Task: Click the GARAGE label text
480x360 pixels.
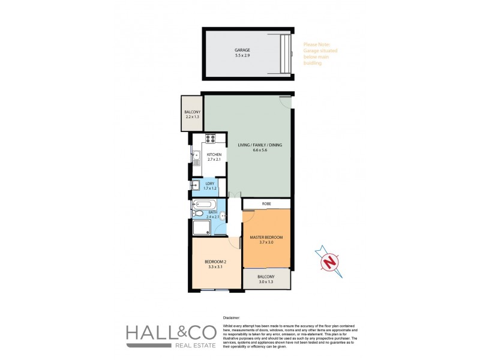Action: tap(242, 50)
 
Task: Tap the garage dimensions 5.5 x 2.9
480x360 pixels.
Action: tap(242, 56)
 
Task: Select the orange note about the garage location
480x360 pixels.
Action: tap(320, 53)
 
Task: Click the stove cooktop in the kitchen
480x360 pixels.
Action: tap(211, 139)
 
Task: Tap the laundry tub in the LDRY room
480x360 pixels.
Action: tap(196, 186)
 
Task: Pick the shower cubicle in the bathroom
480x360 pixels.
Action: tap(202, 227)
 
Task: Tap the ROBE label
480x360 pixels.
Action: tap(266, 204)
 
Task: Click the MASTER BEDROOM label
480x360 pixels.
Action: tap(266, 238)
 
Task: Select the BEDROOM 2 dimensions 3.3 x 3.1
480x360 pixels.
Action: tap(216, 268)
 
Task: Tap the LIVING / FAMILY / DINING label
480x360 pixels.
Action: tap(259, 145)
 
